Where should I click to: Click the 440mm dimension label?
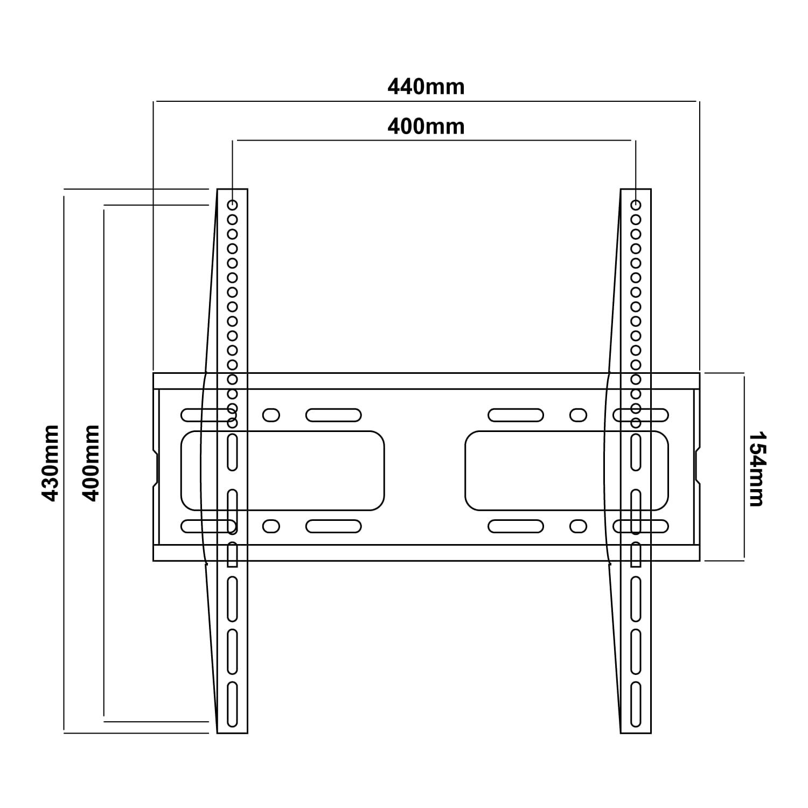[426, 87]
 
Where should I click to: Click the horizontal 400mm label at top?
[426, 127]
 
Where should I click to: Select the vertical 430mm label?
[51, 463]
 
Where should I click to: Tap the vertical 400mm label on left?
[92, 463]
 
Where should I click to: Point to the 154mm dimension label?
[757, 468]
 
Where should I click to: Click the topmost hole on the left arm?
[232, 205]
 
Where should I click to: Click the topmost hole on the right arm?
[636, 205]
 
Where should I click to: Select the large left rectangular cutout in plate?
[282, 470]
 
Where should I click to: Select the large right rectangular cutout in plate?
[566, 470]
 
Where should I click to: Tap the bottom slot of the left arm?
[232, 705]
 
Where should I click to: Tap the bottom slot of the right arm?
[636, 705]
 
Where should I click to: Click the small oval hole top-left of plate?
[271, 415]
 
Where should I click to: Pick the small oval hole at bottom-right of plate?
[578, 526]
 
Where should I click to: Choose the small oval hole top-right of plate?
[578, 415]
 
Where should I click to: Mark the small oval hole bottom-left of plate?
[271, 526]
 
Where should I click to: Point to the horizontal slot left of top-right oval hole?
[516, 415]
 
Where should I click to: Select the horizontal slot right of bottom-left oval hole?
[333, 526]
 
